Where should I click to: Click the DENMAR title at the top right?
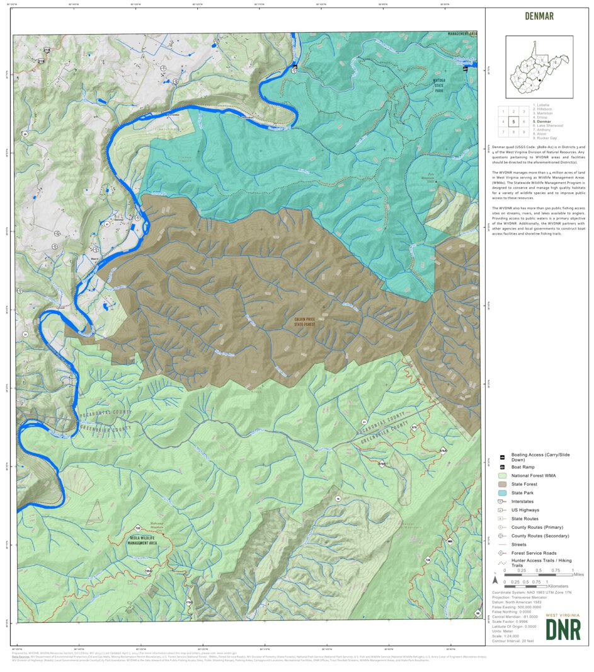click(x=539, y=16)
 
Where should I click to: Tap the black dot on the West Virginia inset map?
click(x=540, y=79)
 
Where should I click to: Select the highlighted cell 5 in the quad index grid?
click(x=513, y=121)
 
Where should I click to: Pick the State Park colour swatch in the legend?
click(x=502, y=492)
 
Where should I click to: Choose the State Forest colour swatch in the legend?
click(x=502, y=484)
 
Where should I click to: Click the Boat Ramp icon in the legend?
click(x=502, y=466)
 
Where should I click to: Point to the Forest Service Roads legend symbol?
click(x=502, y=553)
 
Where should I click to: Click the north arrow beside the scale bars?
click(x=496, y=579)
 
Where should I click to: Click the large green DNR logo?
click(x=563, y=629)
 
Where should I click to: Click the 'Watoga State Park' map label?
click(x=439, y=86)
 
